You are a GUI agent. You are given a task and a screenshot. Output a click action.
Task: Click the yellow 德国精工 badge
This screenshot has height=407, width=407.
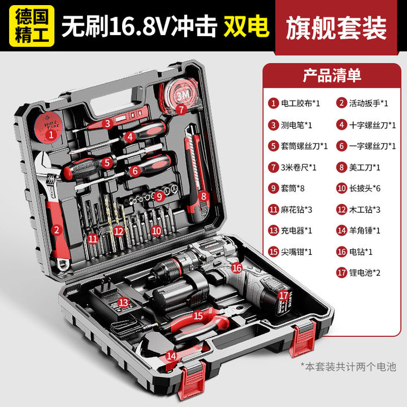point(32,26)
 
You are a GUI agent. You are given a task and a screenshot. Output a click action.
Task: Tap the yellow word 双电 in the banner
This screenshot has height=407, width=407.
point(246,26)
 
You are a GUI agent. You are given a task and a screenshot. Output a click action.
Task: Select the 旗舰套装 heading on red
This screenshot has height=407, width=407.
point(336,28)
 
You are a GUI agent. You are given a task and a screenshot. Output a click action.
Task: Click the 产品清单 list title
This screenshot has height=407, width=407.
point(332,76)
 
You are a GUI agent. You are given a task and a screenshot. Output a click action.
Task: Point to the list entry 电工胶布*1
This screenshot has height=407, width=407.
point(294,103)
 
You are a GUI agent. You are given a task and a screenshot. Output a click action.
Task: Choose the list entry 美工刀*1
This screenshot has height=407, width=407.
point(358,167)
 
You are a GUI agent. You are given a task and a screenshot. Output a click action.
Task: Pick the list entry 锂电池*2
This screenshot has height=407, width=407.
point(358,273)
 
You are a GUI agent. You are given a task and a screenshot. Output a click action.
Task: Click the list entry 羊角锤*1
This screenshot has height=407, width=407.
point(358,231)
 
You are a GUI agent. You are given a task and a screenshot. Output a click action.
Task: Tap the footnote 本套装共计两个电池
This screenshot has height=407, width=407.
point(349,367)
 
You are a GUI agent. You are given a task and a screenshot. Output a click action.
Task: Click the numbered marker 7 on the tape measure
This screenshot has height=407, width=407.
point(181,109)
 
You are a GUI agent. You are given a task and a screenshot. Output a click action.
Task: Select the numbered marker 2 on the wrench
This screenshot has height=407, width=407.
point(57,230)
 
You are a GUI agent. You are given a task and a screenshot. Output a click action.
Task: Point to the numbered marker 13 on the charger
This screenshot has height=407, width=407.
point(123,302)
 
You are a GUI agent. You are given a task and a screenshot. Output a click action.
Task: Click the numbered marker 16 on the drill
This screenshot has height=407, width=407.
point(236,267)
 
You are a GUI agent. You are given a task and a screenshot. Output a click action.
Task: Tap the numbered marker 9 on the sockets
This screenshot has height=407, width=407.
point(159,197)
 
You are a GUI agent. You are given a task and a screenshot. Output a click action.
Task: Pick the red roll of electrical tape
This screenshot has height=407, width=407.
point(49,127)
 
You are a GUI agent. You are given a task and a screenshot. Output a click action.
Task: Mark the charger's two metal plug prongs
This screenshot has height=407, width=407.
point(106,283)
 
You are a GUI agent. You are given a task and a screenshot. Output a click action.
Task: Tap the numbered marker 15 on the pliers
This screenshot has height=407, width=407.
point(198,315)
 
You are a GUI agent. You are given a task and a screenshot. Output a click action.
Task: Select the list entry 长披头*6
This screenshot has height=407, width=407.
point(358,188)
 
